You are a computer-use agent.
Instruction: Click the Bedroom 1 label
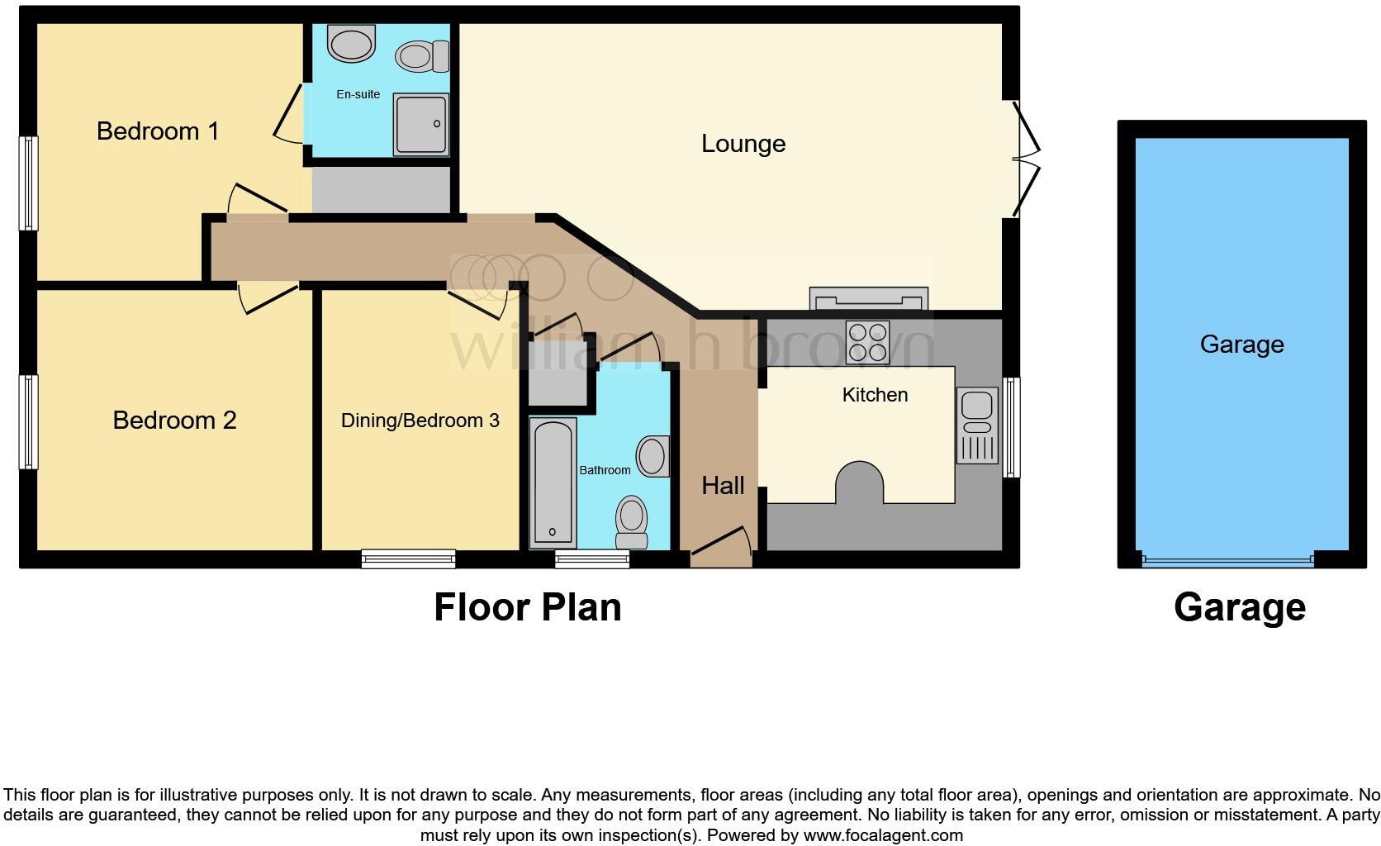[158, 131]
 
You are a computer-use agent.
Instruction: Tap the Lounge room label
[743, 144]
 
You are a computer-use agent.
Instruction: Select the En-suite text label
[358, 94]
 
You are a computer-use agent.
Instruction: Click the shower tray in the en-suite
[420, 124]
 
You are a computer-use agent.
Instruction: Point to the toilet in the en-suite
[421, 56]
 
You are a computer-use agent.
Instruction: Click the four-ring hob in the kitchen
[867, 342]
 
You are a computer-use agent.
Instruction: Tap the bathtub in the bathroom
[552, 482]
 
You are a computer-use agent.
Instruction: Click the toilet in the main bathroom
[632, 521]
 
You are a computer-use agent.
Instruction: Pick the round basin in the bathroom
[653, 456]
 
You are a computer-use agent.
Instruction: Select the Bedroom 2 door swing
[268, 298]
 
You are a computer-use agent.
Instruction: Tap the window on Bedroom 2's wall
[29, 421]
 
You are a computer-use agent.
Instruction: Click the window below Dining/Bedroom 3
[408, 559]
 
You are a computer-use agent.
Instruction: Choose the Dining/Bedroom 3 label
[420, 421]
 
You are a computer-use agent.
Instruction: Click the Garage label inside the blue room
[1241, 345]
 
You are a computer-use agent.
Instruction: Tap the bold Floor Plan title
[527, 607]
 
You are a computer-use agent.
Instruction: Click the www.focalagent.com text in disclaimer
[882, 835]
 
